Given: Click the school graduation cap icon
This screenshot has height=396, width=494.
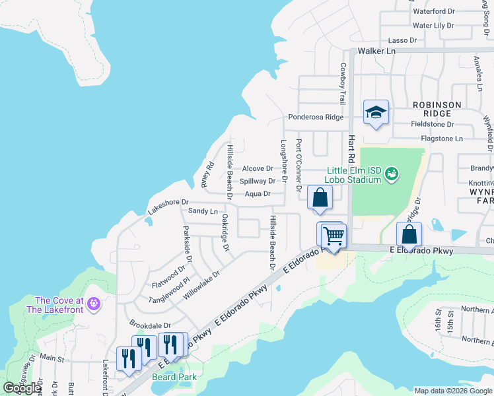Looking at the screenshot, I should pyautogui.click(x=376, y=113).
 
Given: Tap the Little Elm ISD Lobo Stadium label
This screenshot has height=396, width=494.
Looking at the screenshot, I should pyautogui.click(x=354, y=175).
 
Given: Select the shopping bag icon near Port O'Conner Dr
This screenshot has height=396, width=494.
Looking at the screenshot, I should pyautogui.click(x=320, y=198).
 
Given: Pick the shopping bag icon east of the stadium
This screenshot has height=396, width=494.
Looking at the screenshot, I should pyautogui.click(x=409, y=234).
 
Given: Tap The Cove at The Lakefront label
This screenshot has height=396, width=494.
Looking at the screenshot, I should pyautogui.click(x=59, y=304).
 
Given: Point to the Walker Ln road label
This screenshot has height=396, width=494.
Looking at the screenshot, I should pyautogui.click(x=376, y=51).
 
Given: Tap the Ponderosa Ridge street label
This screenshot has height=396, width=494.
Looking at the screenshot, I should pyautogui.click(x=316, y=117).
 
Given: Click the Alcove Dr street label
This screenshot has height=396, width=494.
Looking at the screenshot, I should pyautogui.click(x=257, y=169).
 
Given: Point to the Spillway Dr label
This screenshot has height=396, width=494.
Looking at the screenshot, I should pyautogui.click(x=258, y=181).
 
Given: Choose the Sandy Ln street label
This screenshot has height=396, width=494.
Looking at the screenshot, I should pyautogui.click(x=203, y=211).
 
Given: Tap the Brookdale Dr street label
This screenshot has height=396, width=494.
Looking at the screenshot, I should pyautogui.click(x=150, y=325).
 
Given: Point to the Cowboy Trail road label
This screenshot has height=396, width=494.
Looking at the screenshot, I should pyautogui.click(x=343, y=84).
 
